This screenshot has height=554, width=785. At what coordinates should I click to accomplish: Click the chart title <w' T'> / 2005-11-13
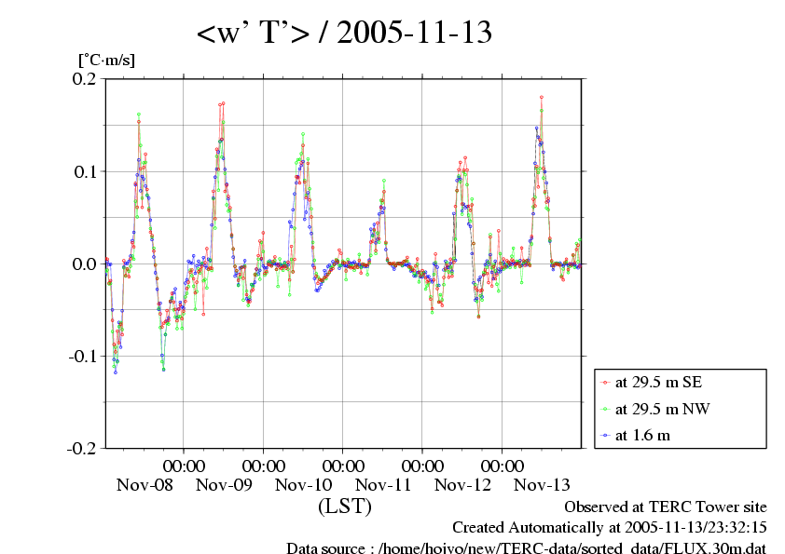tap(344, 34)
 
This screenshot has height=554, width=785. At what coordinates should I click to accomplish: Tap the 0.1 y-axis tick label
tap(85, 171)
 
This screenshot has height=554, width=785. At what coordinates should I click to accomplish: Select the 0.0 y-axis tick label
tap(85, 263)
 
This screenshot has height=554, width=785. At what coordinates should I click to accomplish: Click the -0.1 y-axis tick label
tap(82, 356)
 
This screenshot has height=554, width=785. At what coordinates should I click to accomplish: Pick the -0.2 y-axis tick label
tap(82, 448)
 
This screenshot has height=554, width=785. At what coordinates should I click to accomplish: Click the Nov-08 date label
tap(145, 485)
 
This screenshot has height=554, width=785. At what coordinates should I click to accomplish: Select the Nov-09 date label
tap(224, 485)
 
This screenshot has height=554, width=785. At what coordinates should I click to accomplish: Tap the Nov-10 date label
tap(304, 485)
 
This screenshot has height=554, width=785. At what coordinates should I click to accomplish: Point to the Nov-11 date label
tap(383, 485)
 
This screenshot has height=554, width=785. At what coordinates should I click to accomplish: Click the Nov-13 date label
tap(543, 485)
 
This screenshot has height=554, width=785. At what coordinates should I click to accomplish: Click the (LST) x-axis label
tap(345, 507)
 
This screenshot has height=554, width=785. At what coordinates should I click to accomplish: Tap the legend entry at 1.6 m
tap(644, 434)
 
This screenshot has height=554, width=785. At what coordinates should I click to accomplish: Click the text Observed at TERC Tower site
tap(666, 507)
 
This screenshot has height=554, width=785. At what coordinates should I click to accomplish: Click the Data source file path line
tap(526, 548)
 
